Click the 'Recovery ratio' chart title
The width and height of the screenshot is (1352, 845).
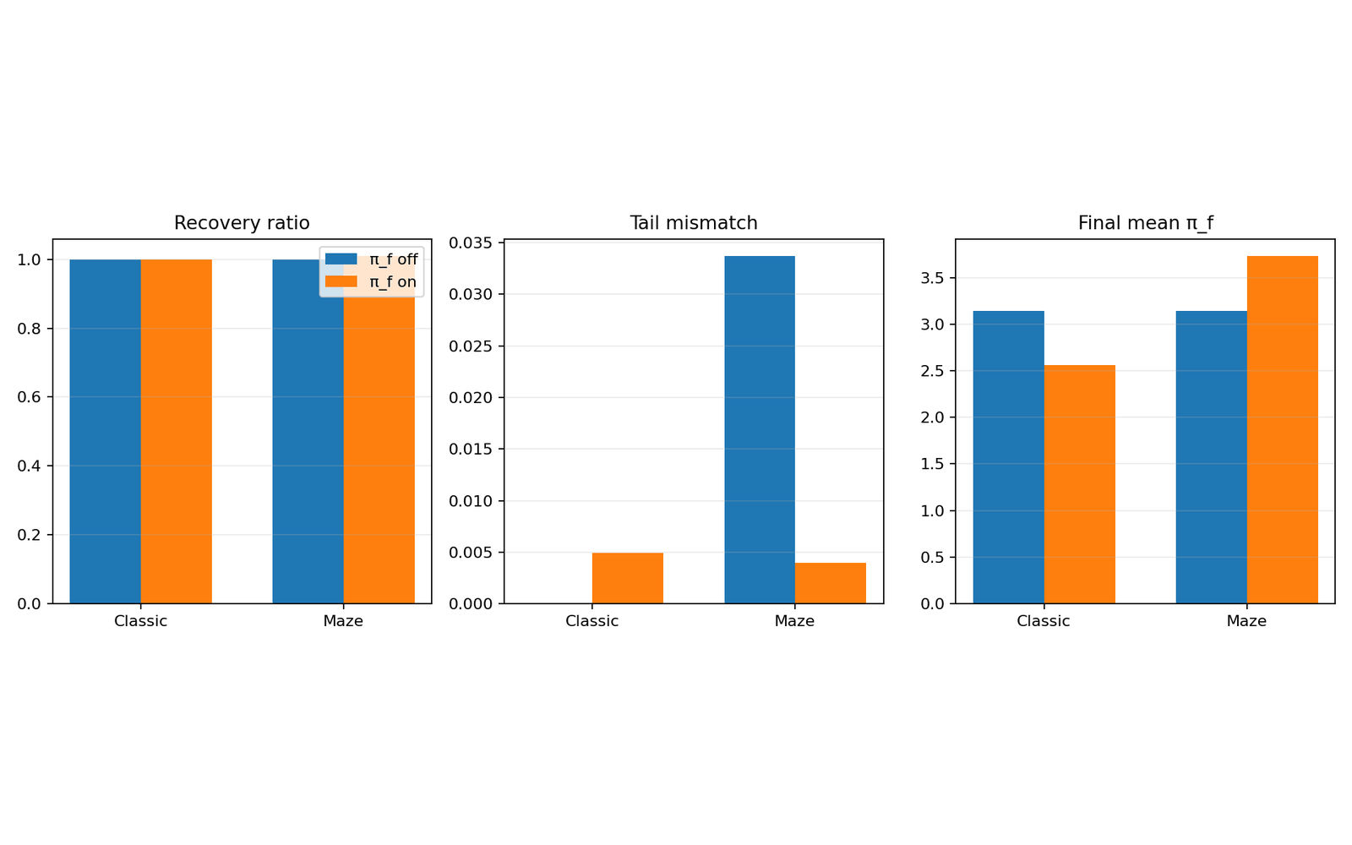tap(242, 223)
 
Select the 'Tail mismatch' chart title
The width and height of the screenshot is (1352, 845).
tap(694, 223)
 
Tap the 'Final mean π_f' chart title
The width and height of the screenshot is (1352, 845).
tap(1145, 223)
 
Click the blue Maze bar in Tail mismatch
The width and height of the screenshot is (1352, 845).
tap(760, 429)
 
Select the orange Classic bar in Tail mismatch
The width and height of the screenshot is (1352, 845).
tap(627, 578)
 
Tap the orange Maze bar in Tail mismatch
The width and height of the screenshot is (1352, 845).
tap(830, 583)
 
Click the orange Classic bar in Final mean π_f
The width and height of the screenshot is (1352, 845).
tap(1079, 484)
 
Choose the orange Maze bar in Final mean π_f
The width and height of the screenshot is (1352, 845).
tap(1282, 429)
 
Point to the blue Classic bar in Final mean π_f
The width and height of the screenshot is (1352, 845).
tap(1008, 457)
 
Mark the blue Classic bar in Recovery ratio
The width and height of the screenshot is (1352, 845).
tap(105, 431)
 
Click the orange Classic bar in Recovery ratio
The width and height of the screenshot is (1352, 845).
tap(176, 431)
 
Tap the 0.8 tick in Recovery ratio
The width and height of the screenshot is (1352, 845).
tap(29, 329)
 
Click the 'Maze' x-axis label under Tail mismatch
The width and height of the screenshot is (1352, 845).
tap(794, 621)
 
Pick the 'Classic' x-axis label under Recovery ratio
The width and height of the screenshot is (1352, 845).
tap(140, 621)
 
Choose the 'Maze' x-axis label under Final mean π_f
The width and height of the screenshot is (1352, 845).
tap(1246, 621)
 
